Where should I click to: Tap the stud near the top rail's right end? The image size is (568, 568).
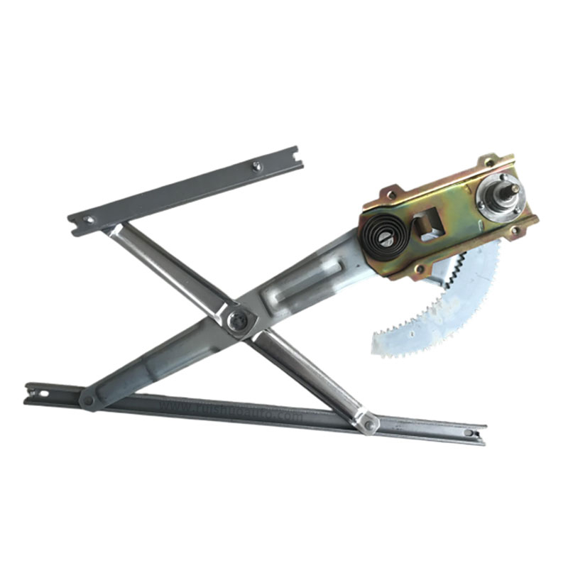pyautogui.click(x=257, y=166)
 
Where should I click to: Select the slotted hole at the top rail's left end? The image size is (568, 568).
pyautogui.click(x=87, y=220)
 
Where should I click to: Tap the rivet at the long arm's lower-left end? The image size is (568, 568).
pyautogui.click(x=88, y=400)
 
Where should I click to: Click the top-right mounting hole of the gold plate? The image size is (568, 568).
pyautogui.click(x=488, y=163)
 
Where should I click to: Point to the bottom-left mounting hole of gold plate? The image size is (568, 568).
pyautogui.click(x=420, y=268)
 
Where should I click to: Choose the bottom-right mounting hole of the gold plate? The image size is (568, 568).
pyautogui.click(x=515, y=231)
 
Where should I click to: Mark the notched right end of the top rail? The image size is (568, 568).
pyautogui.click(x=296, y=156)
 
